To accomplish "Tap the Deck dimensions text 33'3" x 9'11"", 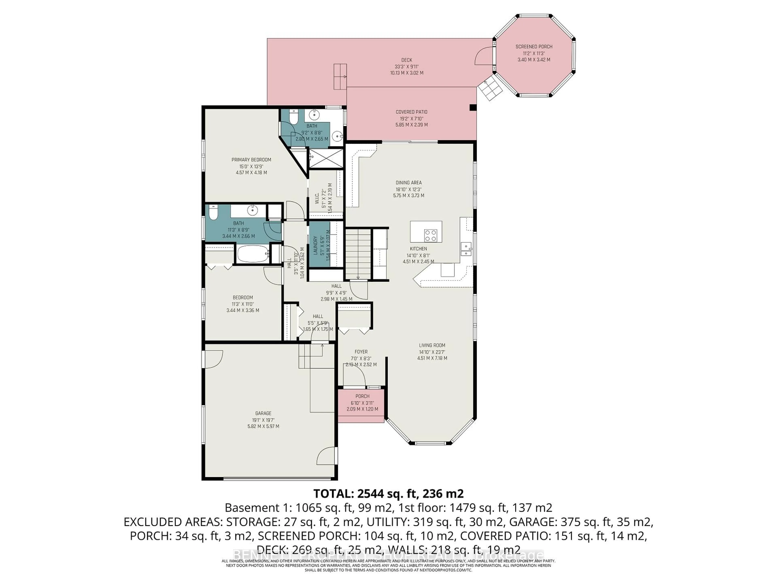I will (x=407, y=66).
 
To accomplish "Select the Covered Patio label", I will (x=411, y=112).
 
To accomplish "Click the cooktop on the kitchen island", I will (x=431, y=235).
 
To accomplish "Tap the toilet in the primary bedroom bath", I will (x=293, y=116).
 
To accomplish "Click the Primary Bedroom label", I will (x=251, y=160).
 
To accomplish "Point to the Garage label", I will (x=263, y=413).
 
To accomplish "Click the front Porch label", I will (x=362, y=396).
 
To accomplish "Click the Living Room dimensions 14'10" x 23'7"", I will (x=432, y=352).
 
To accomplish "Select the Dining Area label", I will (x=409, y=182).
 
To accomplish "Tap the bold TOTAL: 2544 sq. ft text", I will (x=388, y=493).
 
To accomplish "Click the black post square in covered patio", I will (x=473, y=108).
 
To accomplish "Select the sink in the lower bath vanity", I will (x=252, y=210).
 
